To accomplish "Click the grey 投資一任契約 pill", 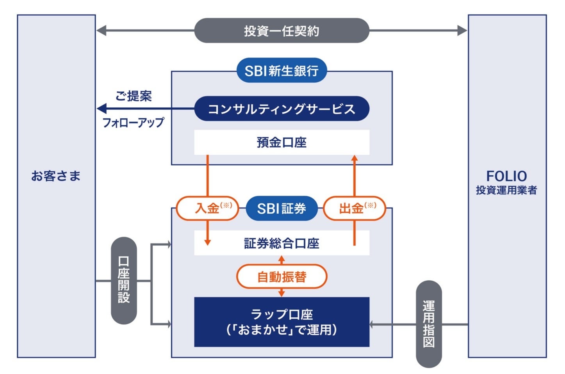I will [x=282, y=30].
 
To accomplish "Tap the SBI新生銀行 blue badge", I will [x=282, y=71].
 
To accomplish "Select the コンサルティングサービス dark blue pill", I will [x=282, y=109].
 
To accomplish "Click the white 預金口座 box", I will [x=282, y=142].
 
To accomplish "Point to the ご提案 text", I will [x=134, y=96].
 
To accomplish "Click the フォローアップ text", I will [x=133, y=123].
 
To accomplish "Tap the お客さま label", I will [x=56, y=176].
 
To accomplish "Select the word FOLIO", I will [x=506, y=176].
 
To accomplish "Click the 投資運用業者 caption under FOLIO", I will [x=506, y=190].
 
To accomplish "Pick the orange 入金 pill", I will [x=207, y=208].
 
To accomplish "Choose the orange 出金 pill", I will [x=355, y=208].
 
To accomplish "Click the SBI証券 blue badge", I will [x=282, y=208].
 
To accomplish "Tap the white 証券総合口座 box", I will [x=282, y=243].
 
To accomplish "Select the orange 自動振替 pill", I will [x=282, y=277].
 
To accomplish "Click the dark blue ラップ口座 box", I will [x=282, y=322].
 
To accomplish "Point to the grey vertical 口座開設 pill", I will [x=124, y=280].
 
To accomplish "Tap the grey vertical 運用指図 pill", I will [x=429, y=324].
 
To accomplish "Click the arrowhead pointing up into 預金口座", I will [x=355, y=158].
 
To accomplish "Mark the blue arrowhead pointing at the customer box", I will [x=102, y=109].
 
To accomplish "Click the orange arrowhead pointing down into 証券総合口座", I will [x=207, y=242].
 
